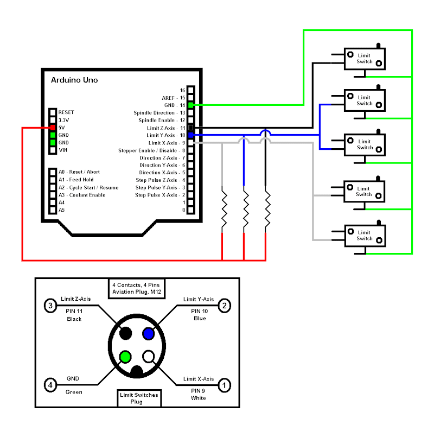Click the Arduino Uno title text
click(74, 80)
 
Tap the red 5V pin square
click(53, 128)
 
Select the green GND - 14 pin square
click(190, 105)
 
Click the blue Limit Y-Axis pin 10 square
click(190, 135)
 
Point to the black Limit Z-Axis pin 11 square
click(190, 128)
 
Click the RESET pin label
click(66, 112)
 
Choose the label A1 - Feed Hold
click(76, 180)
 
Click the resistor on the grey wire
click(222, 209)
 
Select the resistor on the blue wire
click(244, 209)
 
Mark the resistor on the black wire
click(266, 209)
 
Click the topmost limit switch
click(364, 59)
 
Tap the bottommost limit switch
click(364, 235)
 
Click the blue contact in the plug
click(148, 333)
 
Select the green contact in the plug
click(125, 357)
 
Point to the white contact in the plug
click(148, 357)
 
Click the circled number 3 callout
click(50, 306)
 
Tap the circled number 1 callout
click(224, 385)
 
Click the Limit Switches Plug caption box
click(139, 398)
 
